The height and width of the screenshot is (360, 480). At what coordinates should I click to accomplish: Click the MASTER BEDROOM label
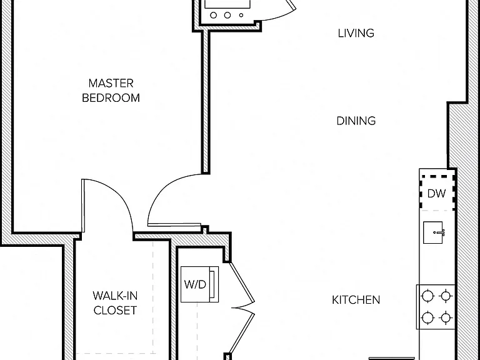(x=111, y=91)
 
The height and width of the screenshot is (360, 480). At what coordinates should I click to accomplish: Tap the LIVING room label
(x=356, y=33)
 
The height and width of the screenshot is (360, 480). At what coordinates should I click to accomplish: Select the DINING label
(x=356, y=121)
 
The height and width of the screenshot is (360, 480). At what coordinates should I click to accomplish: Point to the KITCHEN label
(x=356, y=300)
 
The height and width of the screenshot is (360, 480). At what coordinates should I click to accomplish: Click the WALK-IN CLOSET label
(x=115, y=303)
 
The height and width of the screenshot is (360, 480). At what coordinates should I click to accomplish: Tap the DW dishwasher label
(x=436, y=194)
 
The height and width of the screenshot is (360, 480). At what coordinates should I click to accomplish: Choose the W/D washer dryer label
(x=195, y=284)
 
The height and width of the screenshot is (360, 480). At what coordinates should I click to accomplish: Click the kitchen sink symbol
(x=434, y=232)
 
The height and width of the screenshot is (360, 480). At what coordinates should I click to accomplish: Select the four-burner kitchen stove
(x=436, y=307)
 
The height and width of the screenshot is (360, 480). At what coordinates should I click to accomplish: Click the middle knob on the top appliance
(x=227, y=15)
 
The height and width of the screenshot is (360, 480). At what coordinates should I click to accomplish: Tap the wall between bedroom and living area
(x=206, y=102)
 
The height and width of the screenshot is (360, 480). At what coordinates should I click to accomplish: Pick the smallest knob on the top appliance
(x=241, y=15)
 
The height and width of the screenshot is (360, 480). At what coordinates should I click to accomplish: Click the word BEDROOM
(x=111, y=98)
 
